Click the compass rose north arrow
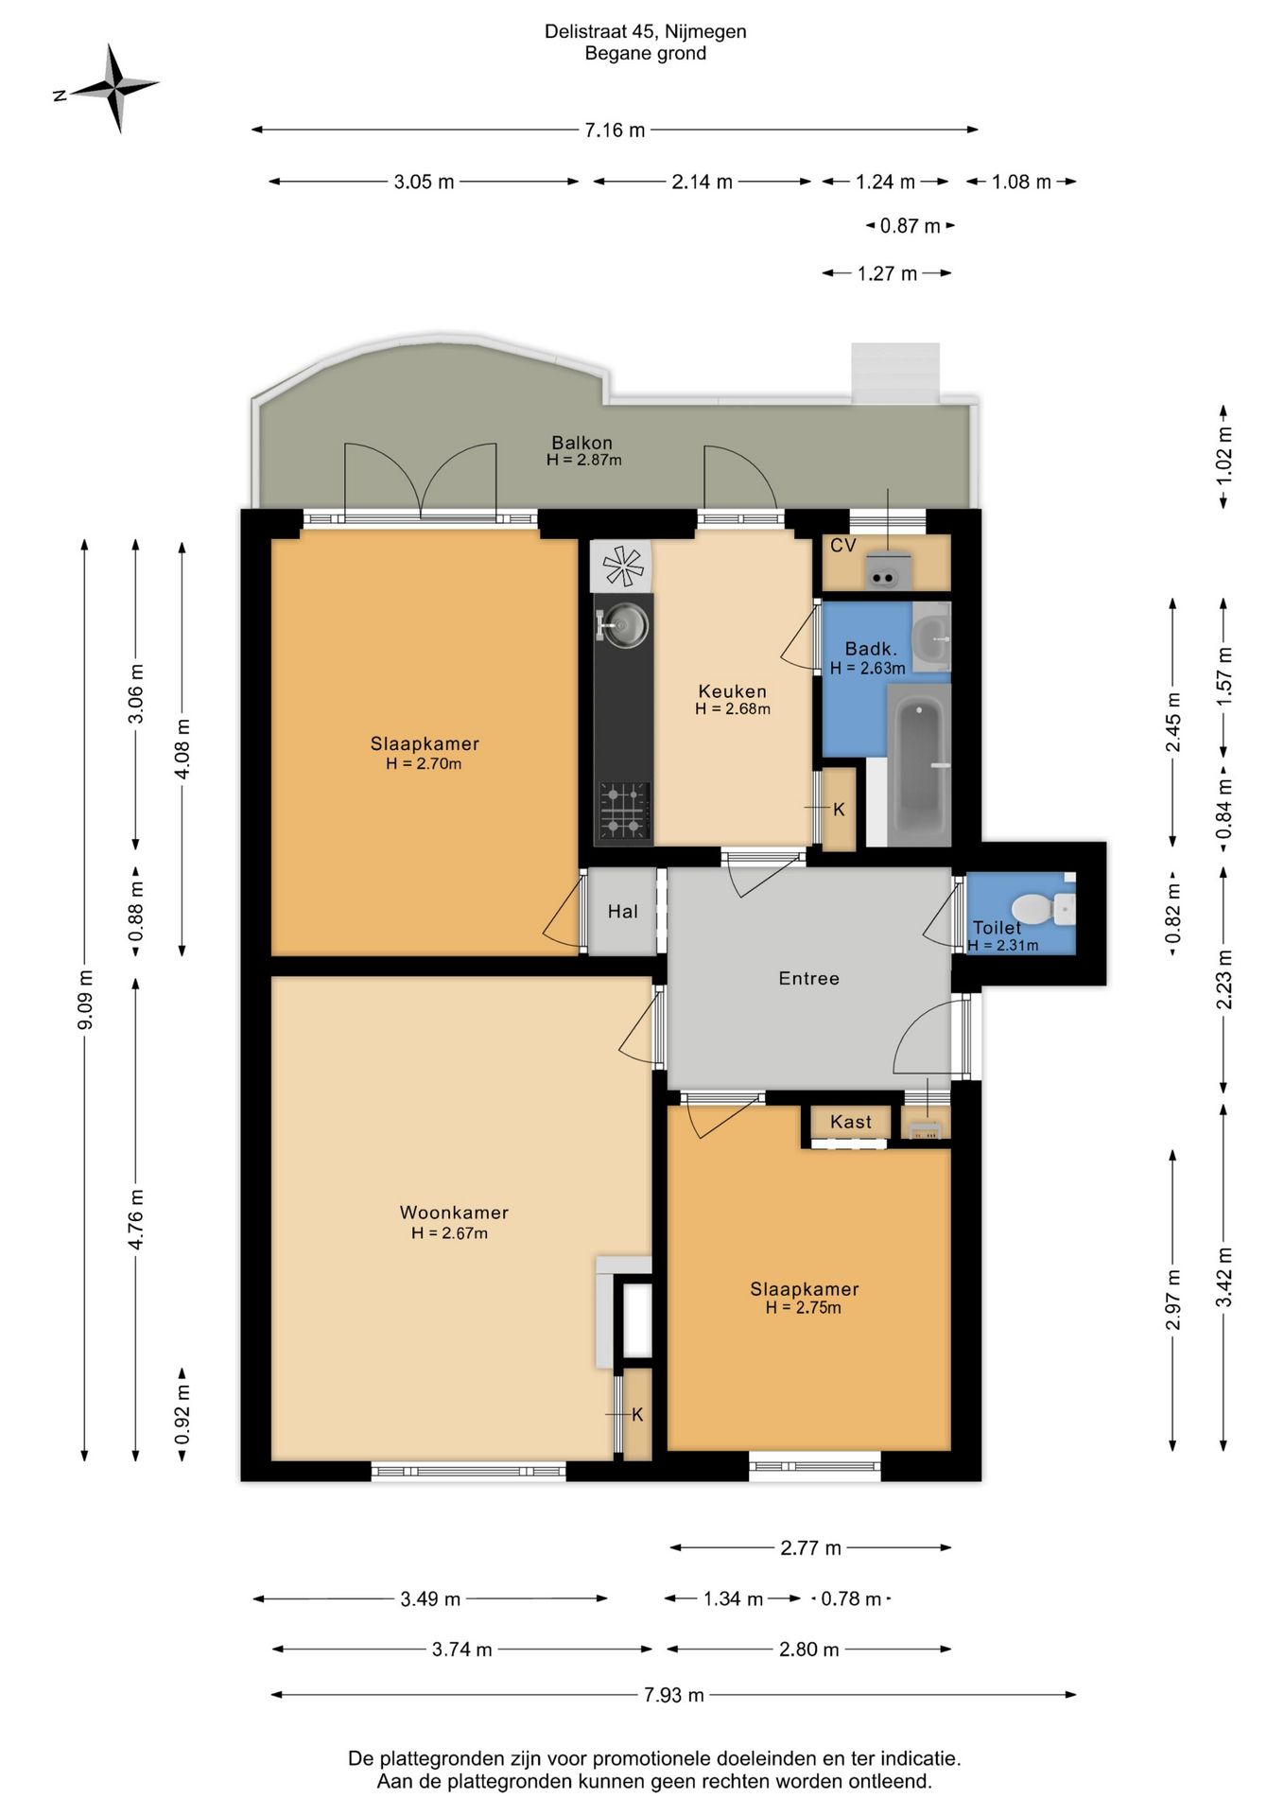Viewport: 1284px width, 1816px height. (107, 88)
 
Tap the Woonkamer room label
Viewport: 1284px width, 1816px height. (454, 1213)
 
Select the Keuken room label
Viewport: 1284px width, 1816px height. (732, 691)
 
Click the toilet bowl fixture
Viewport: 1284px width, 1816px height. (1043, 909)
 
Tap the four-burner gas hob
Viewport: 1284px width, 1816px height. (623, 811)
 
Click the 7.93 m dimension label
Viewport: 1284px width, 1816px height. (674, 1694)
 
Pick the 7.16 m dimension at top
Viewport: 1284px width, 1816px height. (615, 131)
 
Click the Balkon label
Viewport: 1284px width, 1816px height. (582, 443)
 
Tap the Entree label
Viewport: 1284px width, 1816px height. (809, 979)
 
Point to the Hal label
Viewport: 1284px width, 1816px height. (623, 912)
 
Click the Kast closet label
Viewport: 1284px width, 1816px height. (851, 1122)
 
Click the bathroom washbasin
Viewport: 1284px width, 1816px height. (932, 637)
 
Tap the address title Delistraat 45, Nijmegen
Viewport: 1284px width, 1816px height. (646, 31)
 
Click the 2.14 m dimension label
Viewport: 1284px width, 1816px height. (703, 183)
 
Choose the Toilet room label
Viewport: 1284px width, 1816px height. (997, 928)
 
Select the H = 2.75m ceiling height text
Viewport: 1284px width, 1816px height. (804, 1307)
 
